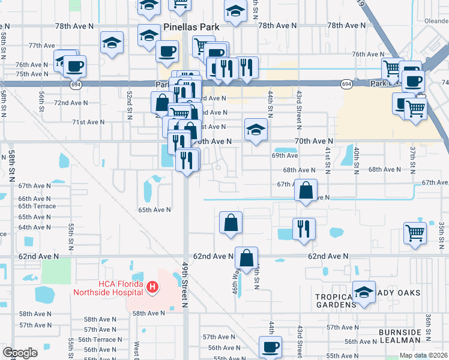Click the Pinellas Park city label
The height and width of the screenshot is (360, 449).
(x=191, y=28)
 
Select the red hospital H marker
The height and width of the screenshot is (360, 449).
(x=152, y=288)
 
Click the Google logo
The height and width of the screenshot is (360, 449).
(x=20, y=353)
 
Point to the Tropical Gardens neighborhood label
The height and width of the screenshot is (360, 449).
(x=335, y=301)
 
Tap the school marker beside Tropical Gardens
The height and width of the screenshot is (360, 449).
(x=364, y=292)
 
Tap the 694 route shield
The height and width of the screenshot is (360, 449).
(x=346, y=85)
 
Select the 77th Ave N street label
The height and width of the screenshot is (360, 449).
(x=42, y=46)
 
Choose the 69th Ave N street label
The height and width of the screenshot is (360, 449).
(x=285, y=155)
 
